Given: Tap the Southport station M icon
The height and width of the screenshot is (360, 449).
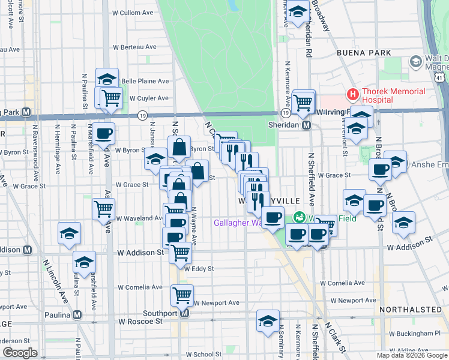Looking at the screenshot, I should tap(185, 313).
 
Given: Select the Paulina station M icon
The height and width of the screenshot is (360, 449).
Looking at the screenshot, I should tap(77, 314).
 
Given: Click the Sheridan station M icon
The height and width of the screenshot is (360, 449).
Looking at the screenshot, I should tap(306, 125).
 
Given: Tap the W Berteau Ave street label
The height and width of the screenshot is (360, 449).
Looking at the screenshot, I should tap(134, 47).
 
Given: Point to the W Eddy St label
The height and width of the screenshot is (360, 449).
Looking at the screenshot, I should tap(199, 269).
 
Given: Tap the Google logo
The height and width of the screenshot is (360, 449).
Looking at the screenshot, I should tap(20, 353).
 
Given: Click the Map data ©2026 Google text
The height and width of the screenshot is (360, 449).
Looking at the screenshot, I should tap(412, 355).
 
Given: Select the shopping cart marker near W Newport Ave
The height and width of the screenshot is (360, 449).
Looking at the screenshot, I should tap(182, 294).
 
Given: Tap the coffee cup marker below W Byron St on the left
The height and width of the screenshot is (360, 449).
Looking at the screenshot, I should tap(103, 133).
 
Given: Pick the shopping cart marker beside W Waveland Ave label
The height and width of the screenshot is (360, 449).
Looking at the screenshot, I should tap(104, 208).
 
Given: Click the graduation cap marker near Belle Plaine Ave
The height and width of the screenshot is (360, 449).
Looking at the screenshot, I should tap(107, 79).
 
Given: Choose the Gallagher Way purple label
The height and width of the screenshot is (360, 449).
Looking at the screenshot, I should tap(238, 223).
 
